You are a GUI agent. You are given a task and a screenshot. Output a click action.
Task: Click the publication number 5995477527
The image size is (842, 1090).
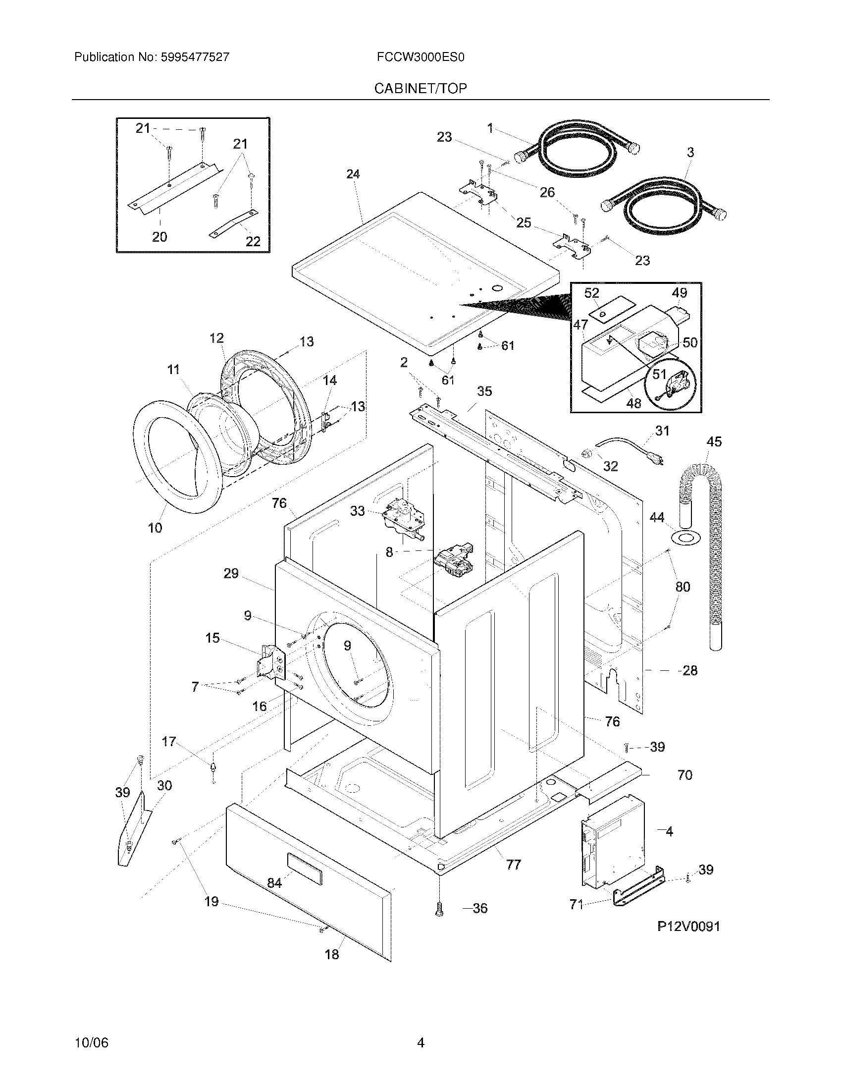(195, 57)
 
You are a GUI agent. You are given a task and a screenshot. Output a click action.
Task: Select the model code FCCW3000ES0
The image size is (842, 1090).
(421, 57)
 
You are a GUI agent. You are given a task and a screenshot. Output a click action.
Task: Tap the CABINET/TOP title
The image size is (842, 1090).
(421, 88)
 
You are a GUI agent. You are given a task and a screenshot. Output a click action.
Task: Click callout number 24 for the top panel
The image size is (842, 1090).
(353, 174)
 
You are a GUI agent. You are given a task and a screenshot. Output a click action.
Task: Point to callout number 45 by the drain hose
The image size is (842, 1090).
(714, 441)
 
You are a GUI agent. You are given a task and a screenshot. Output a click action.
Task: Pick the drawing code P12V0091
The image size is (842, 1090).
(688, 927)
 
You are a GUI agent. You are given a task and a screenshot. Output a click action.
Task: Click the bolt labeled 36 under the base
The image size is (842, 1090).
(439, 910)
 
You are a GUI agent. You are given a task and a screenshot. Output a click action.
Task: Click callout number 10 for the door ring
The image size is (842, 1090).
(155, 528)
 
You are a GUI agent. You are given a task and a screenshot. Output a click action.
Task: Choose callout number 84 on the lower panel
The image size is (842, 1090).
(274, 883)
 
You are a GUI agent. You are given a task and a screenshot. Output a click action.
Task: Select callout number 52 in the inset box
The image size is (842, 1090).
(591, 293)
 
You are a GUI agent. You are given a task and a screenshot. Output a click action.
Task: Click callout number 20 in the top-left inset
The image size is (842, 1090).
(159, 237)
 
